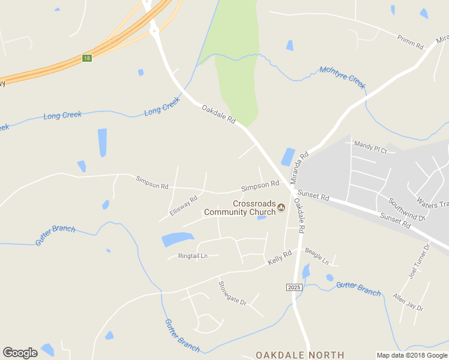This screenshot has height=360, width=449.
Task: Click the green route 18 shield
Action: click(x=88, y=58)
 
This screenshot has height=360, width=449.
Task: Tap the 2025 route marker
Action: click(x=293, y=288)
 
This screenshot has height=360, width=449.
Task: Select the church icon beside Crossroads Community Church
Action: click(x=281, y=208)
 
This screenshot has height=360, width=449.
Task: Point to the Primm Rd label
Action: click(x=411, y=41)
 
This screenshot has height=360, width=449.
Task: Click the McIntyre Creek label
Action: click(x=342, y=77)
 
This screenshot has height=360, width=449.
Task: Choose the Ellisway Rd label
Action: click(x=183, y=205)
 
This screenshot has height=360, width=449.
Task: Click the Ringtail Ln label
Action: click(x=193, y=256)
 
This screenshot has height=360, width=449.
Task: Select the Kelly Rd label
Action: click(x=279, y=257)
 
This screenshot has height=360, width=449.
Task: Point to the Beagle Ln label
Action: click(x=317, y=256)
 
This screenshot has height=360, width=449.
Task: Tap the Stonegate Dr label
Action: click(x=232, y=293)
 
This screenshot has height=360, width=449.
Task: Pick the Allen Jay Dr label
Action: click(x=408, y=302)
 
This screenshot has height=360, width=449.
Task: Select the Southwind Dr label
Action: click(x=406, y=209)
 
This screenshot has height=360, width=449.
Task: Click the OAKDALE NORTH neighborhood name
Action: click(x=300, y=355)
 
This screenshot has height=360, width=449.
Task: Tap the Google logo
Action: click(x=20, y=353)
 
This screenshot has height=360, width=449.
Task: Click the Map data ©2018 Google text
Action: click(x=412, y=355)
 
